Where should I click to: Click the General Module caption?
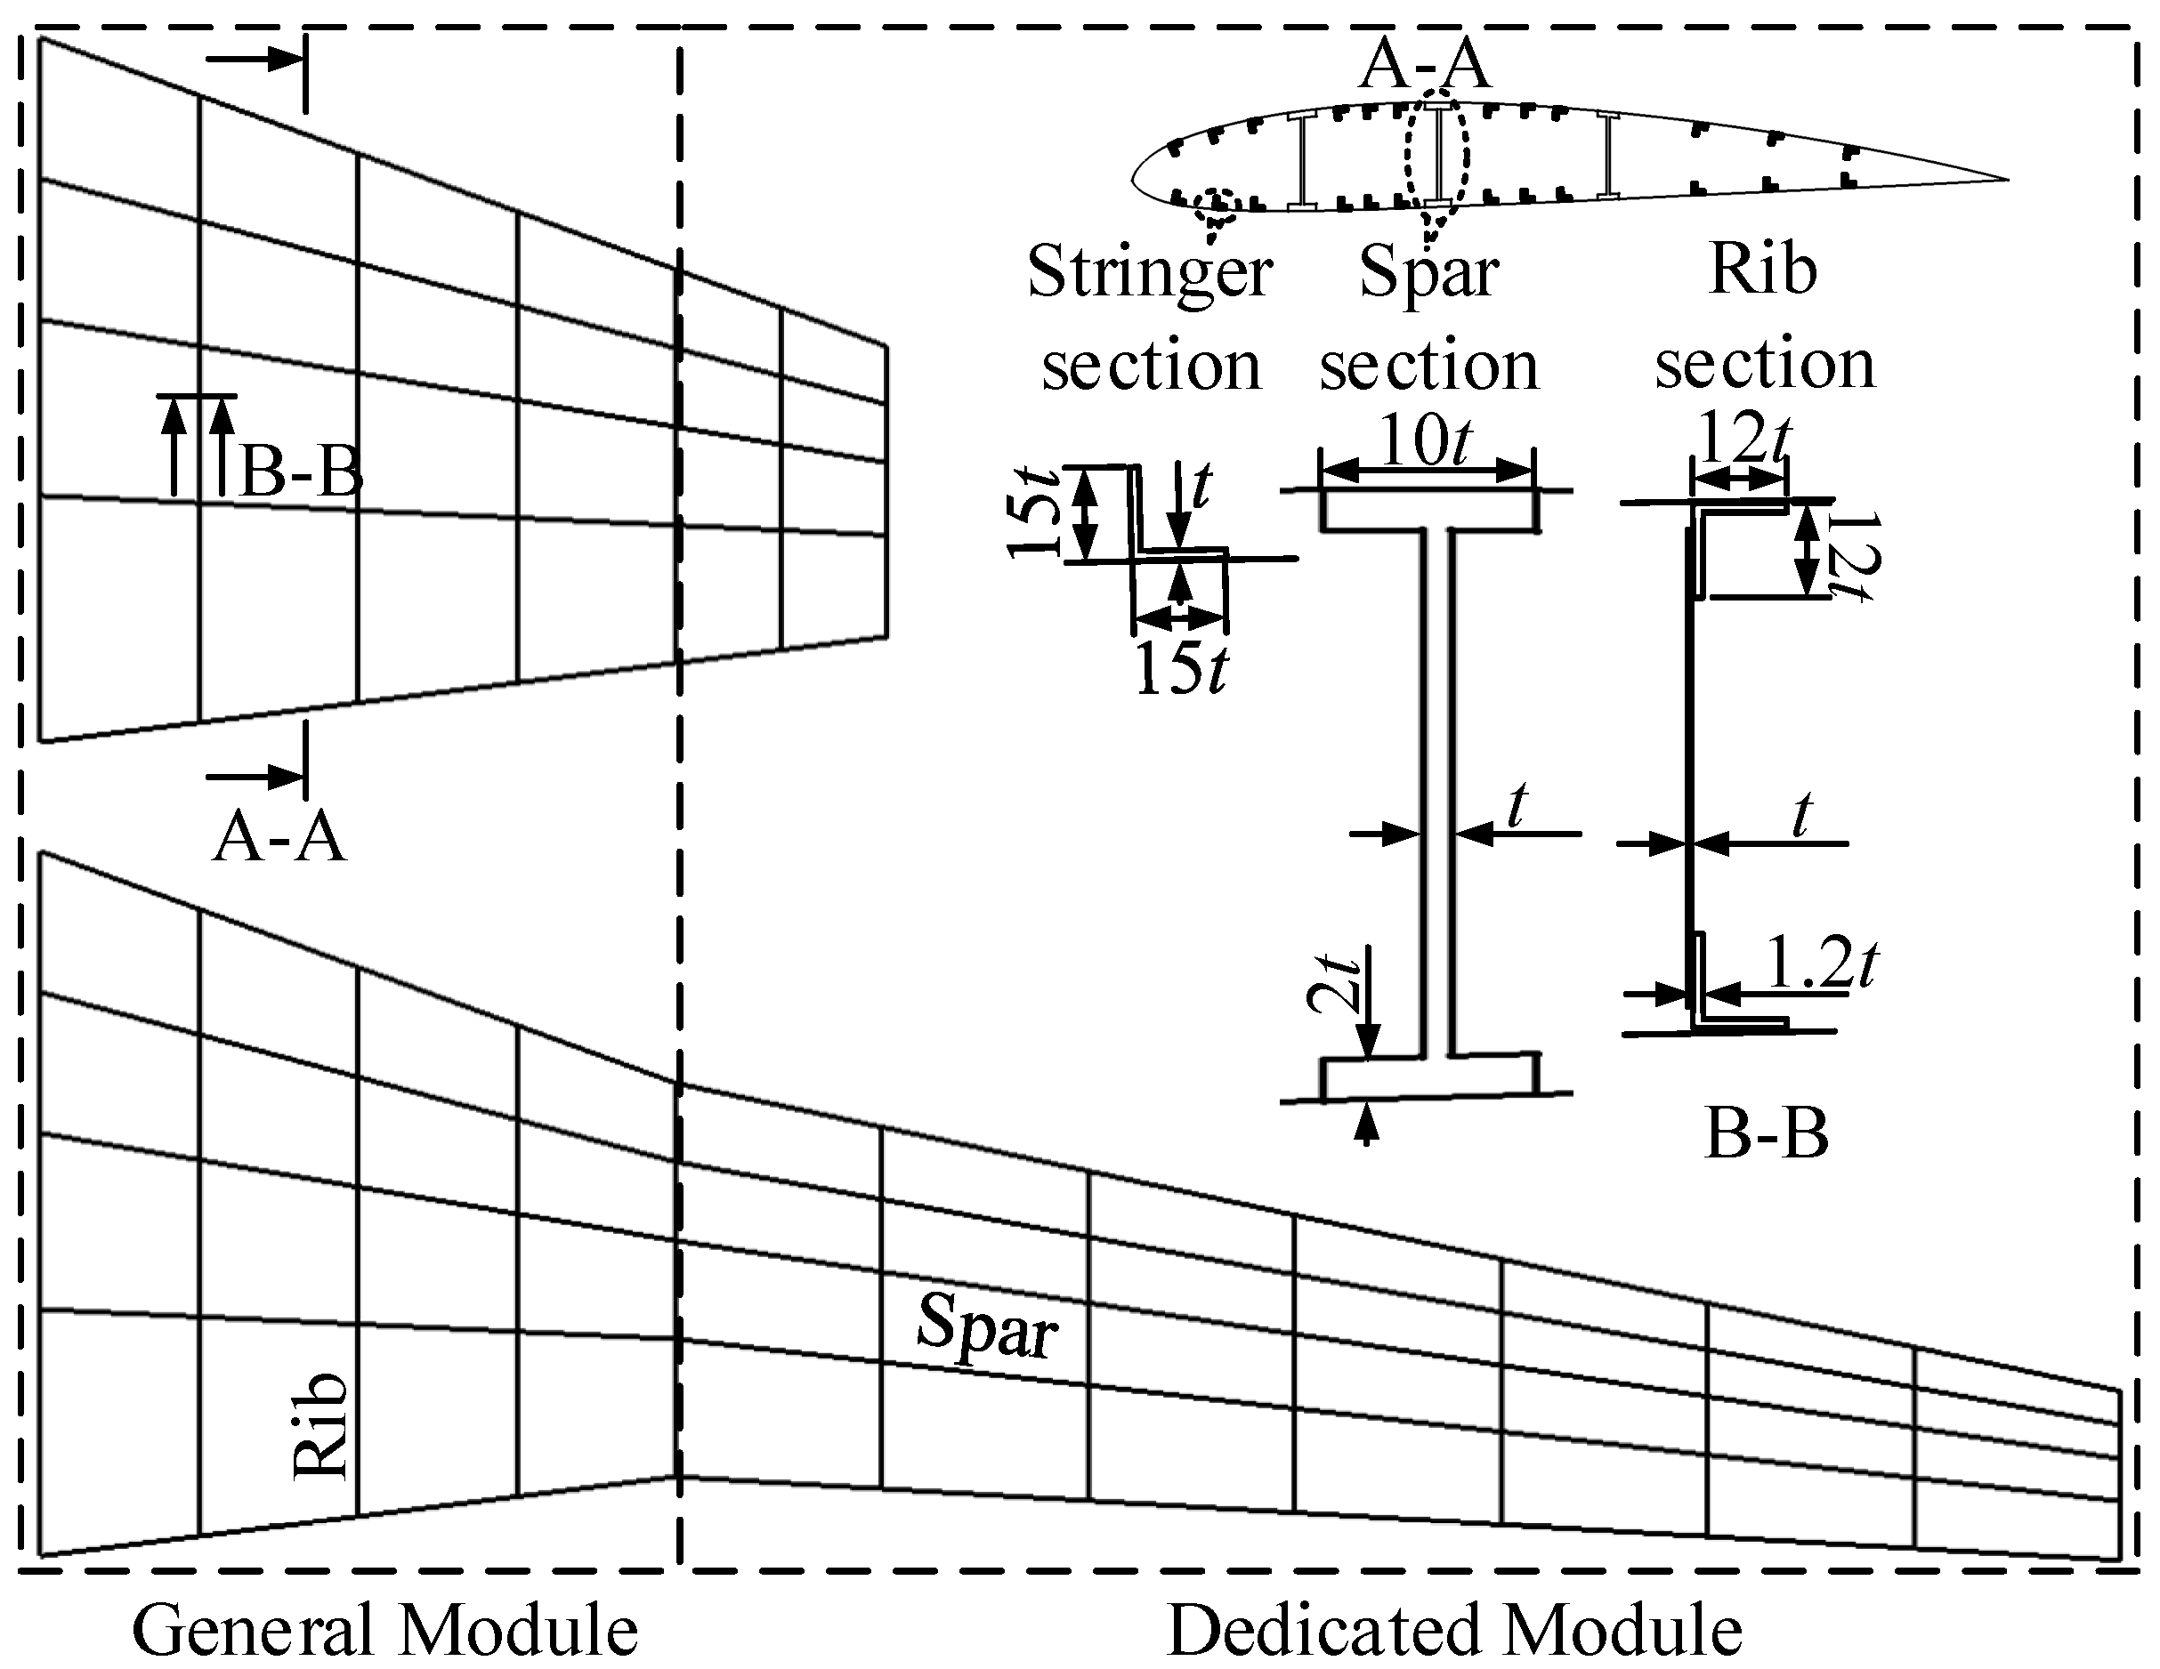point(384,1631)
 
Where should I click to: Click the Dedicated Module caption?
point(1454,1631)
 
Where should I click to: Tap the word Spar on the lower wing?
point(987,1326)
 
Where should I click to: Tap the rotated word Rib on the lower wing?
point(322,1424)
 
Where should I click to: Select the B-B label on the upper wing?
point(301,472)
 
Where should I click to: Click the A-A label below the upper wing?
point(279,838)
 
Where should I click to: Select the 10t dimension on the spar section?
point(1425,441)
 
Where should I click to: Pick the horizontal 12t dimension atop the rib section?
point(1744,437)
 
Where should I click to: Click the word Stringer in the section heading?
point(1149,272)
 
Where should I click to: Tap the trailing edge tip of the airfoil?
point(2006,180)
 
